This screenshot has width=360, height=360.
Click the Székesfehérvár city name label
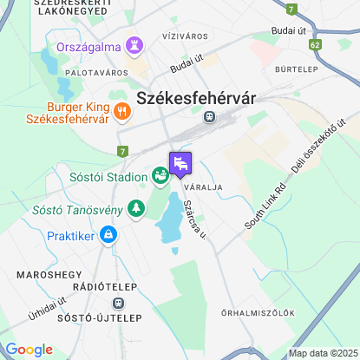(x=196, y=98)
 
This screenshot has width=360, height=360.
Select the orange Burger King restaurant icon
(x=121, y=110)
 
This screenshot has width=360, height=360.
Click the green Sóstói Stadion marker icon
(x=160, y=176)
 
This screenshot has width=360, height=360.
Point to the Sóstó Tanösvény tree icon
(x=134, y=207)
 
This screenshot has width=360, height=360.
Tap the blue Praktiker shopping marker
(x=108, y=234)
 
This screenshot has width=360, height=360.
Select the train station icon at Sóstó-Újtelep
(x=119, y=304)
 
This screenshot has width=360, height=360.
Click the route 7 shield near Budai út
(x=291, y=9)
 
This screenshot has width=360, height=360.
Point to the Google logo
(x=29, y=349)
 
